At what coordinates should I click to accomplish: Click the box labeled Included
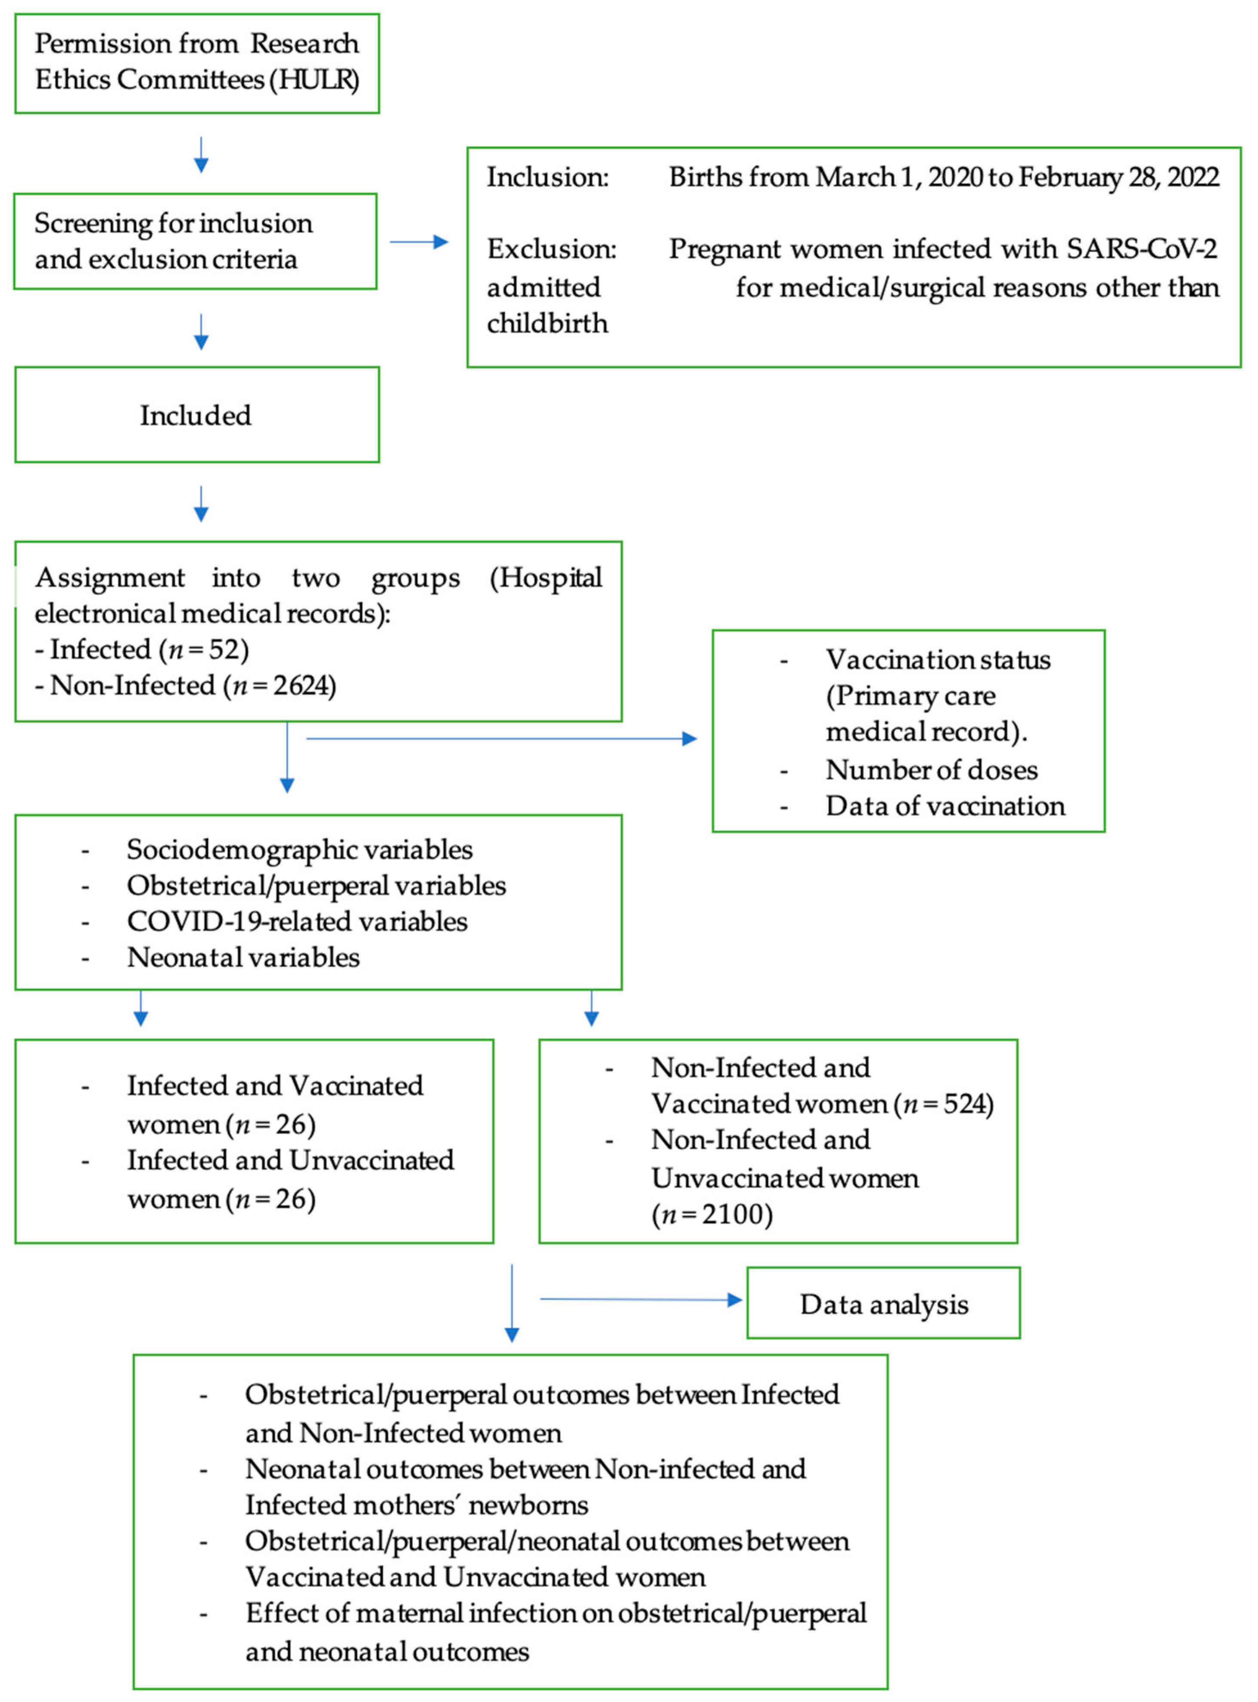click(196, 415)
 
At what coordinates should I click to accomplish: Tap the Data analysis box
click(884, 1304)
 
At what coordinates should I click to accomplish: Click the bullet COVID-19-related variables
click(297, 921)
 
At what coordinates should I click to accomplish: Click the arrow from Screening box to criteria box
click(419, 242)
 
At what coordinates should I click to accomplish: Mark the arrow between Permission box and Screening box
click(201, 155)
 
